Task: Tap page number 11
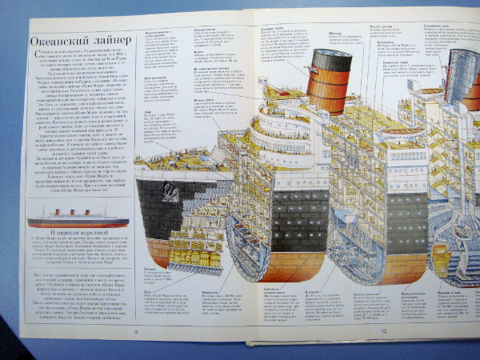coord(136,332)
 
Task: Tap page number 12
coord(384,332)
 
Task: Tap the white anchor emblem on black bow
coord(170,192)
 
